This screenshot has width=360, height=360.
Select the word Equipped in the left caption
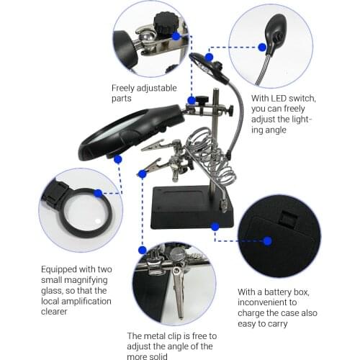[58, 268]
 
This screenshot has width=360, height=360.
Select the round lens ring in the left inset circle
[81, 212]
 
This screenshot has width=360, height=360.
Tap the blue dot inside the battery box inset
[267, 240]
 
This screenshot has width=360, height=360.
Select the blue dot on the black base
[215, 226]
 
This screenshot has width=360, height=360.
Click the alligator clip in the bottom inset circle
[178, 295]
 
